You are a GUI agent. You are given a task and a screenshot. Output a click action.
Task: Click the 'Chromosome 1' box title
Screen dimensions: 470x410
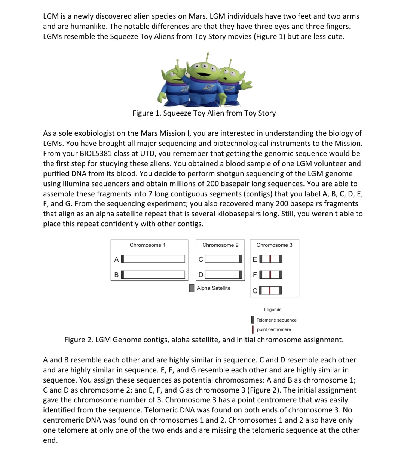147,245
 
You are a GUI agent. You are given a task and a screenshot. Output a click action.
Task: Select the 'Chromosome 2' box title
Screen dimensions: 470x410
220,245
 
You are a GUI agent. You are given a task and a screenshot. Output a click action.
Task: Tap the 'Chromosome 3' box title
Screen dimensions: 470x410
274,245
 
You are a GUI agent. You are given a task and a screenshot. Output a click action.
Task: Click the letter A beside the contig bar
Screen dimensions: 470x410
116,259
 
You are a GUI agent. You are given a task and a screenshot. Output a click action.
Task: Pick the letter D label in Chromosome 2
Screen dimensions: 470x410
201,275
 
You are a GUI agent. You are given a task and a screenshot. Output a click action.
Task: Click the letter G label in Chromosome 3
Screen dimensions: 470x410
255,291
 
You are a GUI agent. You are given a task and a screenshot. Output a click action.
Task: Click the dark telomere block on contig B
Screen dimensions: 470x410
122,275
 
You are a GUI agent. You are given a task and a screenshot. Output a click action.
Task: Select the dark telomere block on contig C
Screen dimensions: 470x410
241,259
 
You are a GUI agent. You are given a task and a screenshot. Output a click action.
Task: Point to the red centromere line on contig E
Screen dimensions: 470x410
270,259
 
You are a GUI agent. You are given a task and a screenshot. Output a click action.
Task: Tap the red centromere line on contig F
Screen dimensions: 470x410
270,275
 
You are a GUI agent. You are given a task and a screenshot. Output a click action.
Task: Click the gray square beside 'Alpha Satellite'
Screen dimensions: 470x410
192,288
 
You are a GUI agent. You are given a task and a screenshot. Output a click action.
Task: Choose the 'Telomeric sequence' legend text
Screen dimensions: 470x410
276,320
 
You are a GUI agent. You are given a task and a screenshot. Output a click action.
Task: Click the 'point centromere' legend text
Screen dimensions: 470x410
274,329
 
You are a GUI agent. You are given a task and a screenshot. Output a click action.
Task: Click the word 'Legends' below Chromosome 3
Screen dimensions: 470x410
273,310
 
